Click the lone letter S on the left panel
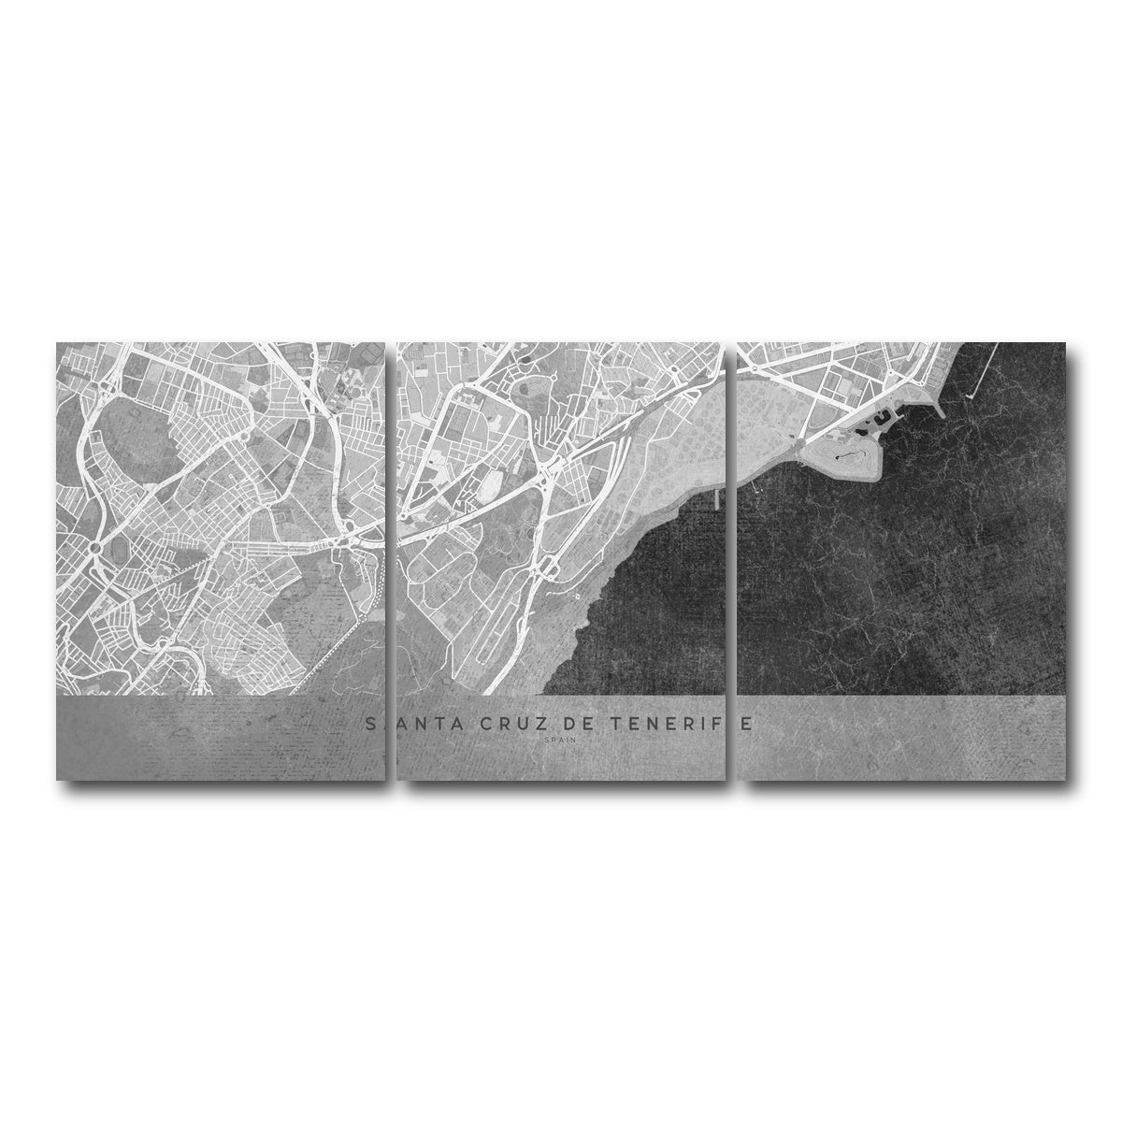tap(372, 724)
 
